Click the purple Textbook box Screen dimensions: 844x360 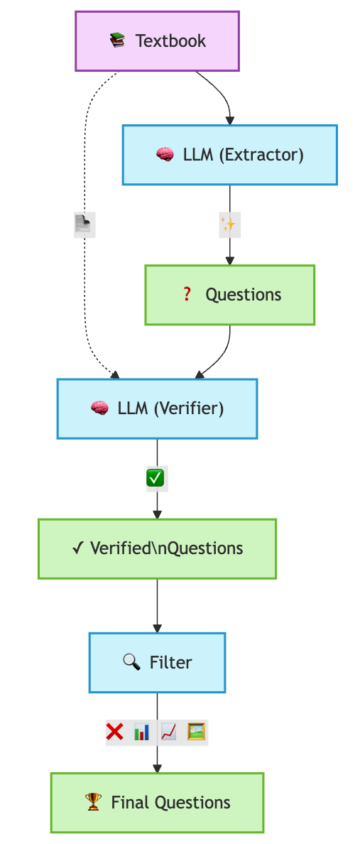pyautogui.click(x=157, y=41)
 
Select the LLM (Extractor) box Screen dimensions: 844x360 pyautogui.click(x=229, y=155)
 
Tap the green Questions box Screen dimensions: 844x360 pyautogui.click(x=229, y=295)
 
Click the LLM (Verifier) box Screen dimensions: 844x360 pyautogui.click(x=157, y=409)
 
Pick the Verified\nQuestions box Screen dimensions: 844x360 pyautogui.click(x=157, y=548)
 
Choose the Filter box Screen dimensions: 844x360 pyautogui.click(x=157, y=662)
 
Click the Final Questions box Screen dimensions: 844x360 pyautogui.click(x=157, y=803)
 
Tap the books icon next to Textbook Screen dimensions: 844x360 pyautogui.click(x=117, y=41)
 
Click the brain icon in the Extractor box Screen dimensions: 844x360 pyautogui.click(x=164, y=155)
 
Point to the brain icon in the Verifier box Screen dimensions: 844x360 pyautogui.click(x=99, y=409)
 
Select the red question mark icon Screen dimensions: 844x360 pyautogui.click(x=187, y=295)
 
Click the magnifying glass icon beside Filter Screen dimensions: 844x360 pyautogui.click(x=131, y=662)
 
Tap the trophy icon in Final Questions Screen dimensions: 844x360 pyautogui.click(x=93, y=803)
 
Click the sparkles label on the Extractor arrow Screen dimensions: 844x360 pyautogui.click(x=228, y=225)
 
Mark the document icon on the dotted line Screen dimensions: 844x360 pyautogui.click(x=84, y=225)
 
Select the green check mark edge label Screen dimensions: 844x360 pyautogui.click(x=156, y=479)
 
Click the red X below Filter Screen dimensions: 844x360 pyautogui.click(x=115, y=732)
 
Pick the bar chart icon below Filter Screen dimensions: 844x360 pyautogui.click(x=142, y=732)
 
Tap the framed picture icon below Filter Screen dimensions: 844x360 pyautogui.click(x=197, y=732)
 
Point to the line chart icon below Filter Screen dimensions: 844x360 pyautogui.click(x=169, y=732)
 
